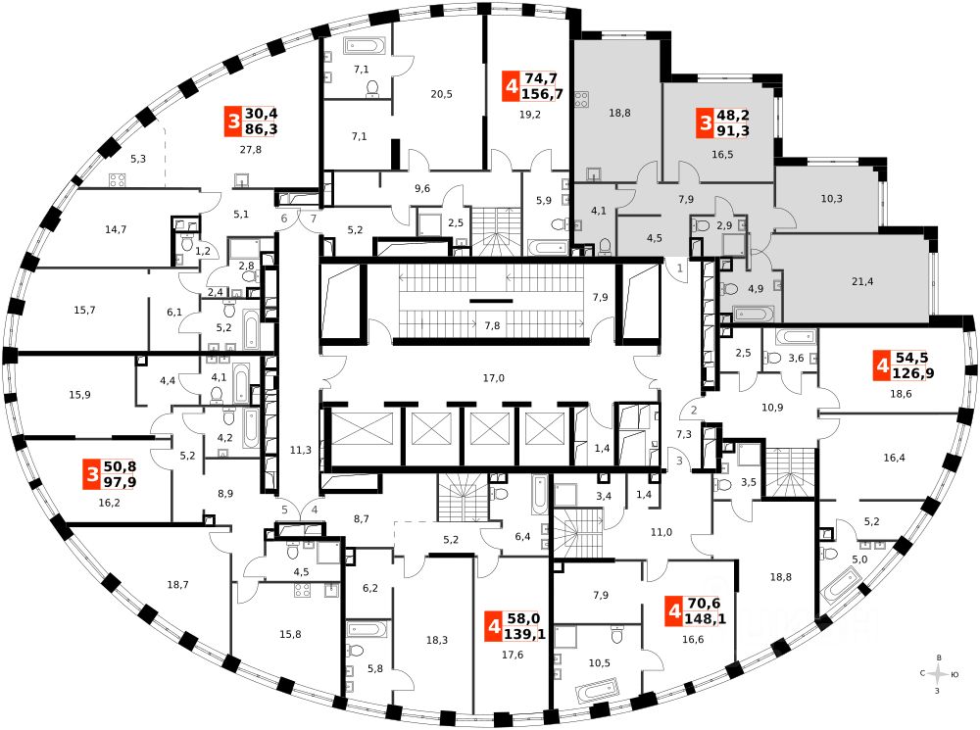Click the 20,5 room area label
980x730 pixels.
440,94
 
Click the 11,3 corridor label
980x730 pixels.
301,450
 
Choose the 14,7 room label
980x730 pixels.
116,229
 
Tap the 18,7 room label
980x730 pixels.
177,585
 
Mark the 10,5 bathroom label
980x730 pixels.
599,663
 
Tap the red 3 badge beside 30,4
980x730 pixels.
233,122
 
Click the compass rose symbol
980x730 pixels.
940,674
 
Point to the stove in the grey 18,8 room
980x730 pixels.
581,98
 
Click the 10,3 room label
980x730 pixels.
831,199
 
